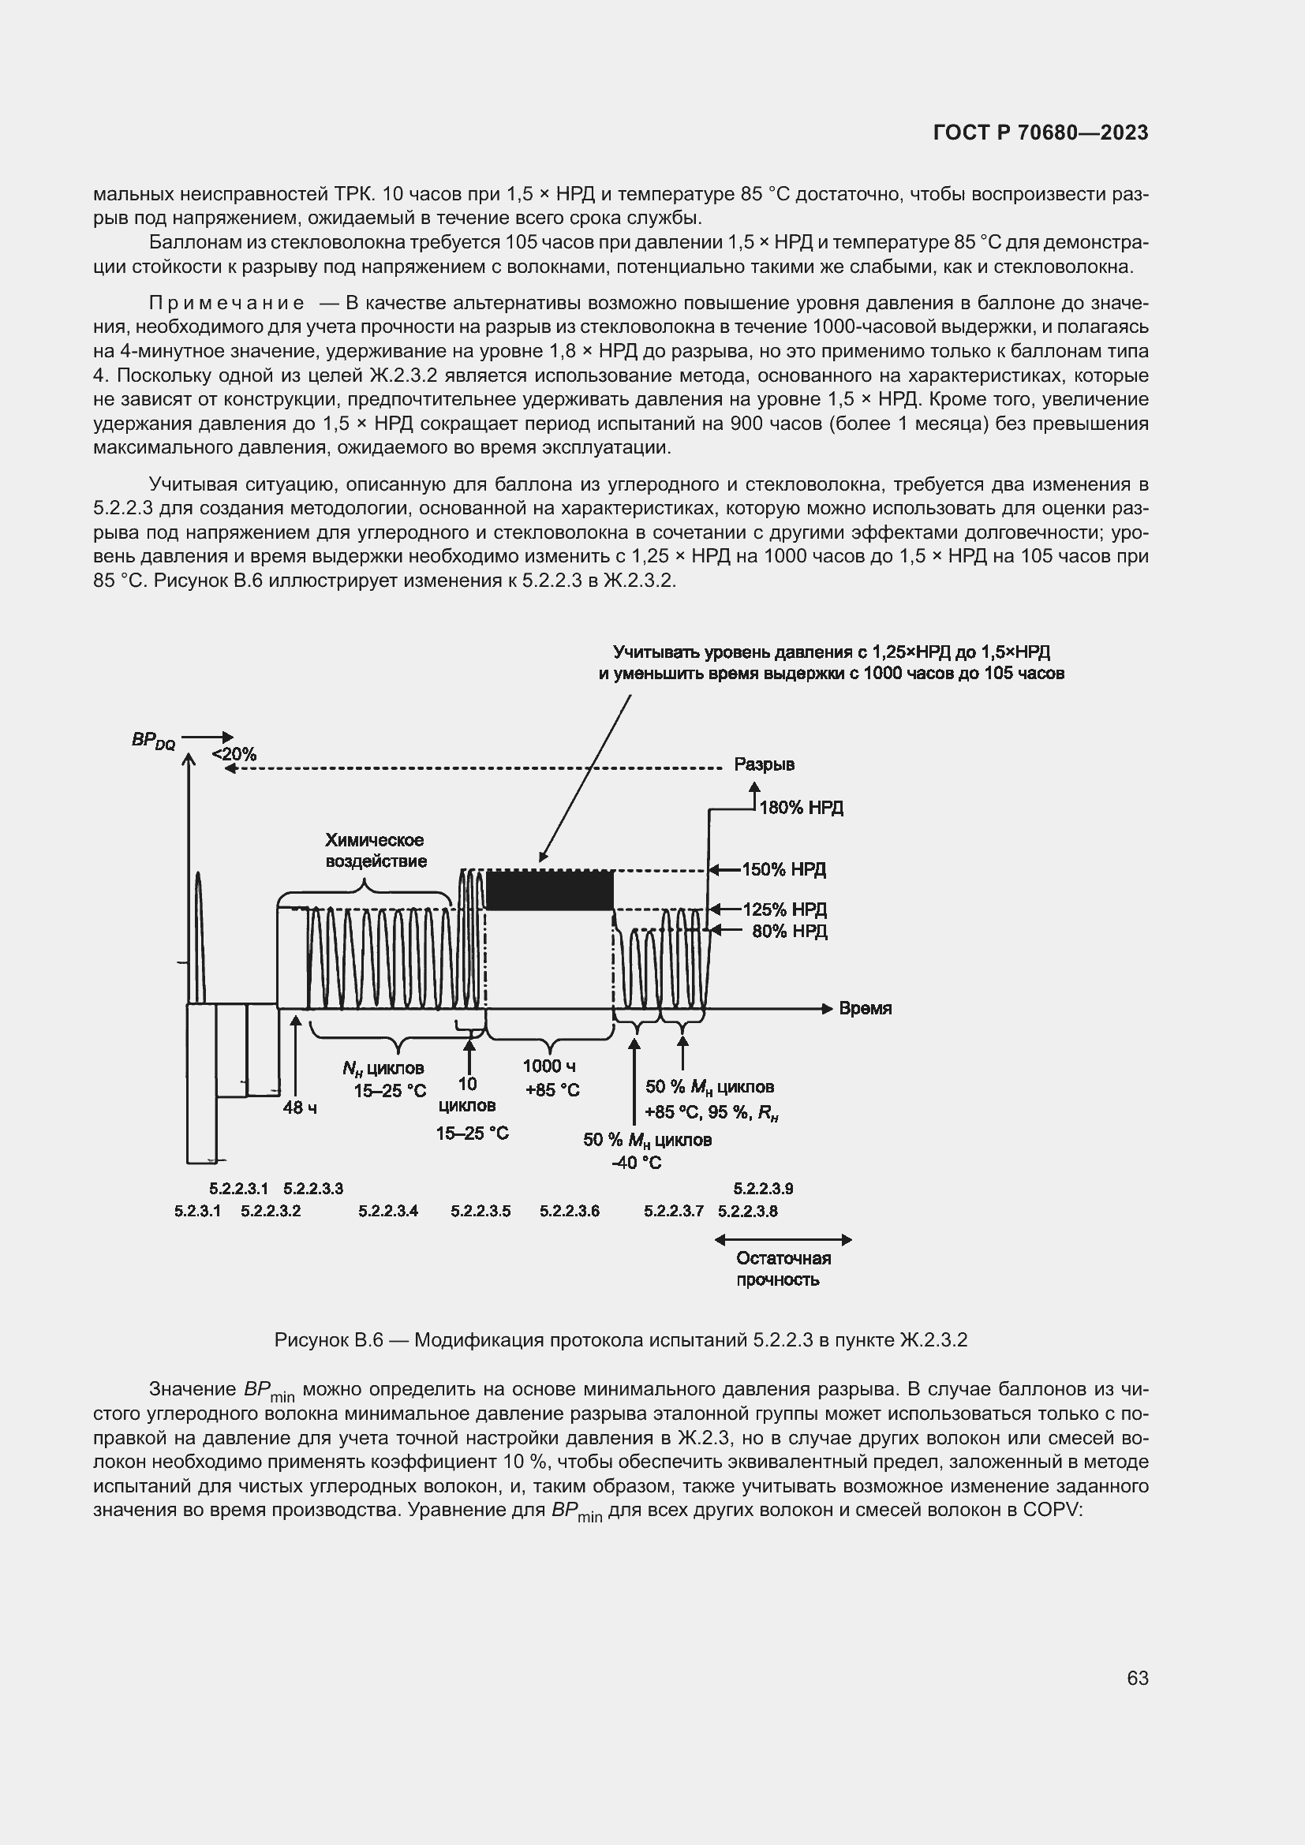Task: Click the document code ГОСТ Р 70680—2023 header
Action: (x=1041, y=133)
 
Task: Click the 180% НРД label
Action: (x=800, y=808)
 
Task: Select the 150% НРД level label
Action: (x=783, y=869)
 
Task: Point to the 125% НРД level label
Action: (x=784, y=909)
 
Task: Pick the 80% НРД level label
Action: (x=789, y=932)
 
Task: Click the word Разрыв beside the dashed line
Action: (x=764, y=765)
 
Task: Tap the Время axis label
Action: (x=865, y=1009)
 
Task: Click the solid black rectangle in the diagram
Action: (x=550, y=891)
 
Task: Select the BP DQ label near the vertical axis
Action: (x=153, y=741)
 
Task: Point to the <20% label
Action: (x=234, y=755)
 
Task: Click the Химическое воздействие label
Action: (x=375, y=850)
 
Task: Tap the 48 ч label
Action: (x=299, y=1108)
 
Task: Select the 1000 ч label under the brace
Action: (x=549, y=1066)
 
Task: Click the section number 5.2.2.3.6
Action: (x=569, y=1211)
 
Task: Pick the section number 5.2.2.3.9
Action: (x=763, y=1189)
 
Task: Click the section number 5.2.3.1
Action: (x=197, y=1211)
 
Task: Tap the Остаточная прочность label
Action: (x=783, y=1269)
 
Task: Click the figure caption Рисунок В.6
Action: (x=620, y=1340)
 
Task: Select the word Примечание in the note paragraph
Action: (x=226, y=303)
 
